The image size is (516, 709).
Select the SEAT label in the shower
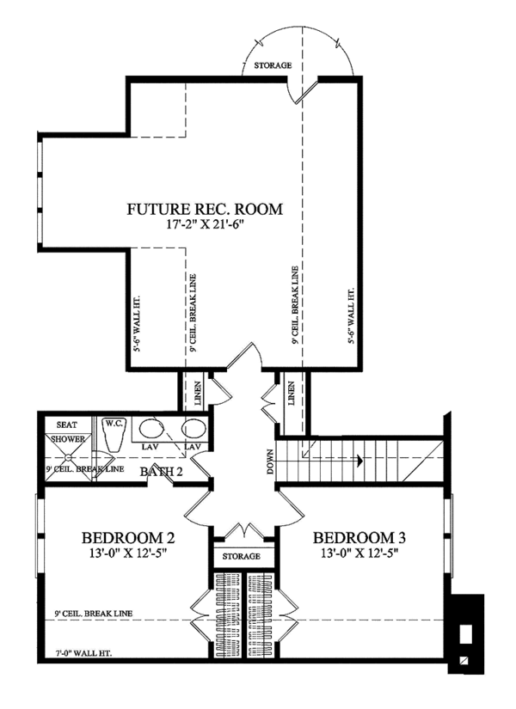pos(67,425)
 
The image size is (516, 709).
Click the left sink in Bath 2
pos(153,430)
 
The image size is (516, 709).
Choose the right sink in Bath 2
pos(193,430)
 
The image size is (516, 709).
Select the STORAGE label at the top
pos(272,65)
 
